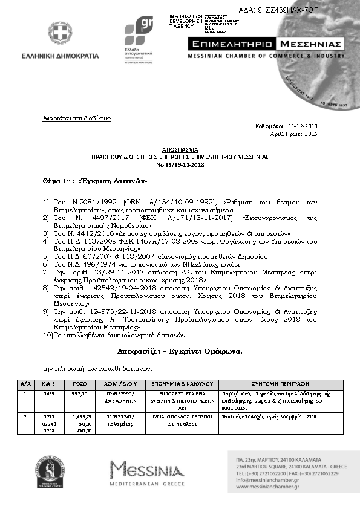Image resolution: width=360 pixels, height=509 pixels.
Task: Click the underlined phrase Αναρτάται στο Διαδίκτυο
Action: [76, 118]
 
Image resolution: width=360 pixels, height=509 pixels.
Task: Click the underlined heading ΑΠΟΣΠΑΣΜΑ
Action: [179, 149]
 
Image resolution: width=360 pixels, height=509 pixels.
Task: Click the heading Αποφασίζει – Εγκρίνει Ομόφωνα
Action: [180, 352]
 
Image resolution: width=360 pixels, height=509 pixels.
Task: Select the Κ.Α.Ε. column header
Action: [50, 383]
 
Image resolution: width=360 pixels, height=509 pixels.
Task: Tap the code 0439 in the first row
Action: [50, 394]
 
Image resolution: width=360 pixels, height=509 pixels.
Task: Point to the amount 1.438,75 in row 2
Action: [80, 417]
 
